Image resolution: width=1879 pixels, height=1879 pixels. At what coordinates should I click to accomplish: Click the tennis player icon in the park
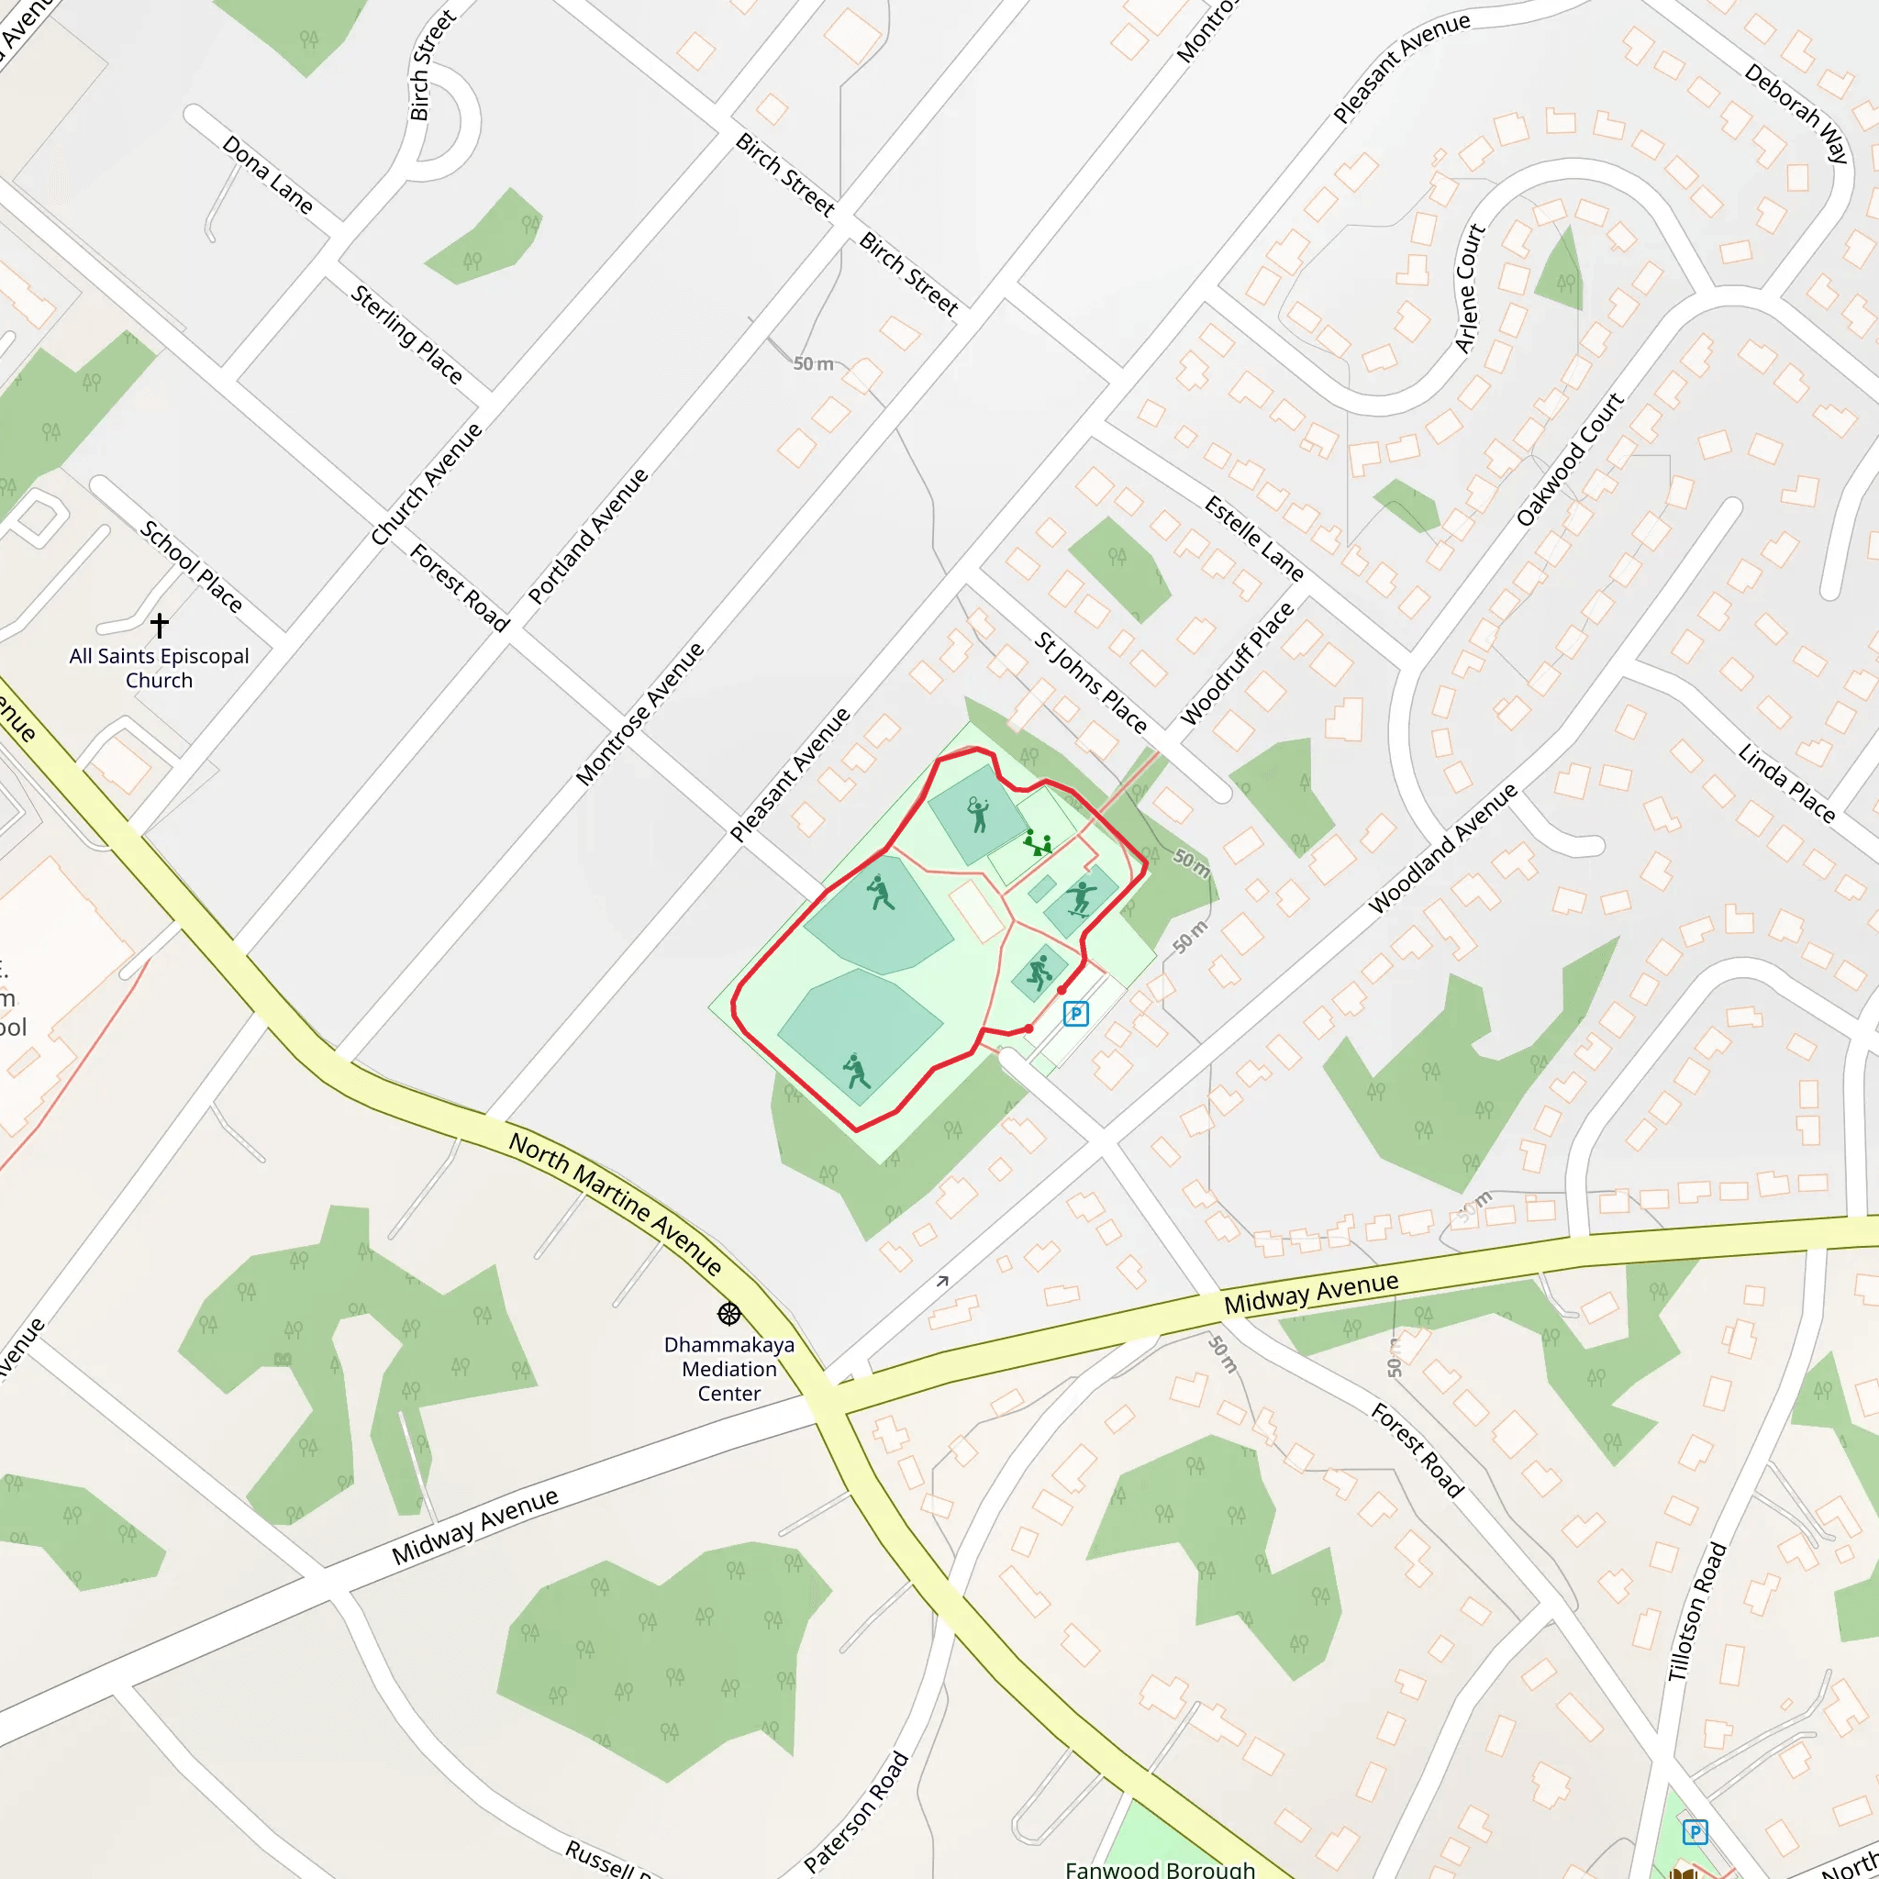978,814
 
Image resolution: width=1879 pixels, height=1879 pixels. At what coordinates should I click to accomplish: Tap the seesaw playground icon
1038,842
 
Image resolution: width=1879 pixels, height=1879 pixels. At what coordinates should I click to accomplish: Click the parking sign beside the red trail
1074,1014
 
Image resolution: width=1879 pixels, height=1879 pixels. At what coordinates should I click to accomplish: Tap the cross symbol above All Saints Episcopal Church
160,625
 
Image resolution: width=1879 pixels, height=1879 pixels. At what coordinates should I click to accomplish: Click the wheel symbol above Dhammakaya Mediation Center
729,1315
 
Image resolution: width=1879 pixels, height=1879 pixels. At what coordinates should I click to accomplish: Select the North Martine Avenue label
616,1204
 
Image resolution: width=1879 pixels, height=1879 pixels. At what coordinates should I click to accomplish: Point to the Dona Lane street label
268,175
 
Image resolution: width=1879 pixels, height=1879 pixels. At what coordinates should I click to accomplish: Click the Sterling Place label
406,334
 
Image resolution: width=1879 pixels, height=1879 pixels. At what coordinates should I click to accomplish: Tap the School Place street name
192,566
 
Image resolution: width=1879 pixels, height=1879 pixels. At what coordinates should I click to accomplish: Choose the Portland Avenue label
588,536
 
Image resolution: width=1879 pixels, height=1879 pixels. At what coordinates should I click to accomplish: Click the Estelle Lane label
1253,539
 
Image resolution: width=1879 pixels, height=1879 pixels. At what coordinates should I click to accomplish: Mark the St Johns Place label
1090,682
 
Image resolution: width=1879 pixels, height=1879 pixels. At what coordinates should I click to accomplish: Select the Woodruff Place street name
1237,663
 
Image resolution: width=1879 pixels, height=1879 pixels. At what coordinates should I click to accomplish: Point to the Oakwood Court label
1570,460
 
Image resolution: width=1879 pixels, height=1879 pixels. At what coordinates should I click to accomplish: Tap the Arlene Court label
1470,289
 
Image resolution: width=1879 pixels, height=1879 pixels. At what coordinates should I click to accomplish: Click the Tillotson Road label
1697,1611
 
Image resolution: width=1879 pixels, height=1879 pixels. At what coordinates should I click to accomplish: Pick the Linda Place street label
1785,784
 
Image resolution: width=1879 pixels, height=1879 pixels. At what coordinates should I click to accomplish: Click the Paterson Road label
857,1812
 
